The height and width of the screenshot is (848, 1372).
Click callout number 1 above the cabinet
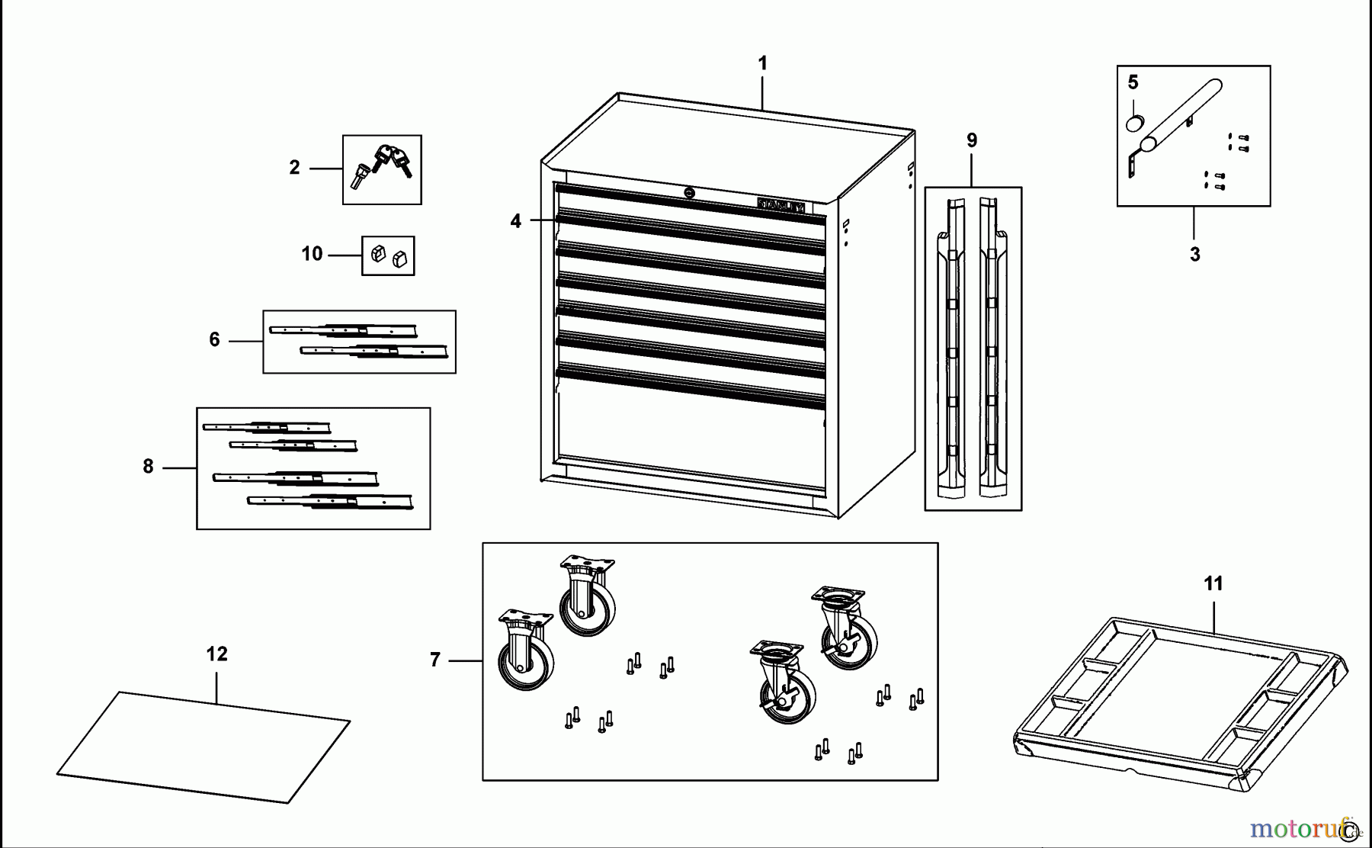point(762,63)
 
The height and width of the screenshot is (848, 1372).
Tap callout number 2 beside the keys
point(294,168)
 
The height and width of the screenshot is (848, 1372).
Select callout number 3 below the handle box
point(1194,255)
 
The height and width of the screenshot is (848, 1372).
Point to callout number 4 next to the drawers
point(516,221)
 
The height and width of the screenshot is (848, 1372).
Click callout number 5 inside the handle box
point(1133,82)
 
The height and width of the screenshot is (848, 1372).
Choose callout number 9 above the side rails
point(971,140)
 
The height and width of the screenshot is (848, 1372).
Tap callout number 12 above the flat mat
point(216,654)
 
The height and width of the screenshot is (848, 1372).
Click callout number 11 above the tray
point(1213,584)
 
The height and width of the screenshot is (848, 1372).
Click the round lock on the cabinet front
point(689,194)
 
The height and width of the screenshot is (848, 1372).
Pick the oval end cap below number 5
point(1135,124)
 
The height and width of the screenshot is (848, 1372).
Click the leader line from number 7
point(465,660)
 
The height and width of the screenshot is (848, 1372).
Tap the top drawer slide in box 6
point(344,330)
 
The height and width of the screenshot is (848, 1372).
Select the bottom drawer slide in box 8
point(329,501)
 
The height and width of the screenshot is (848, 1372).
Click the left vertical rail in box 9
point(952,343)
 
